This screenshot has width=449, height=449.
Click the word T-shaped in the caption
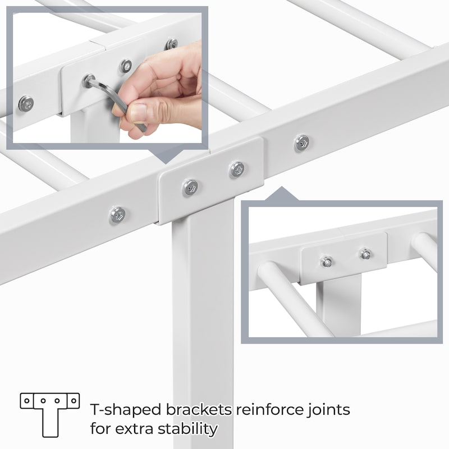tap(126, 410)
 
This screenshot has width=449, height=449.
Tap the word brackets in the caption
tap(199, 410)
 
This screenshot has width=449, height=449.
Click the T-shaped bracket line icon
tap(50, 415)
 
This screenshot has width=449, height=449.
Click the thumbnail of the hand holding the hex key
tap(107, 78)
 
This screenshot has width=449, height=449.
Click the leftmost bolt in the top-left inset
tap(26, 103)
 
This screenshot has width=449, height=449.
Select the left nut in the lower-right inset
tap(327, 261)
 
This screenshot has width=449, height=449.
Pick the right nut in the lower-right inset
tap(365, 254)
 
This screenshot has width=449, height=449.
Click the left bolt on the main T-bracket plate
tap(190, 187)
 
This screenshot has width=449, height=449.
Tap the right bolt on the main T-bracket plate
tap(237, 169)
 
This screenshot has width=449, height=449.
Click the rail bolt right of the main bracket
tap(302, 143)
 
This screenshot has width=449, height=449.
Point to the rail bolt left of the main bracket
tap(118, 215)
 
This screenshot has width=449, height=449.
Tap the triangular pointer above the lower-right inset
tap(282, 194)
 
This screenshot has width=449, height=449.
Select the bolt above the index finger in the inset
tap(125, 66)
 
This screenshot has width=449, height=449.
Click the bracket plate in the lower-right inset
tap(343, 258)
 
